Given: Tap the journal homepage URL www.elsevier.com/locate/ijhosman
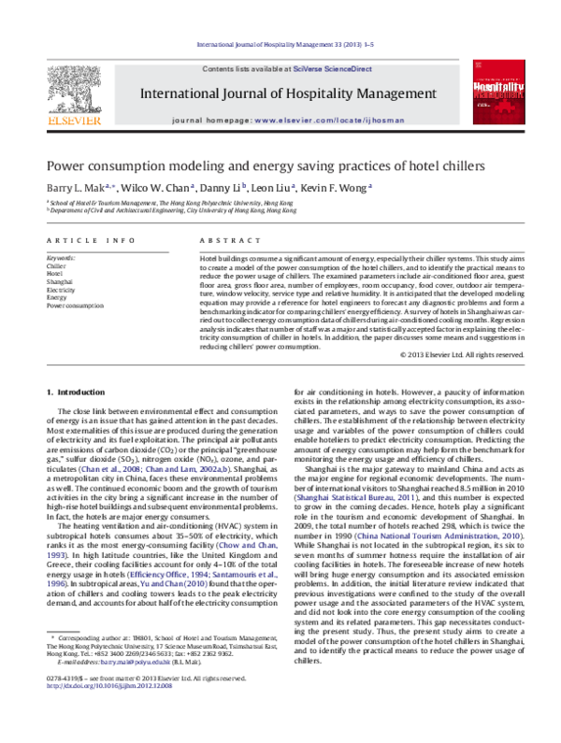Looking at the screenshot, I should [x=314, y=122].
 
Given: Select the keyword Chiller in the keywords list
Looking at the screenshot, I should [x=56, y=265].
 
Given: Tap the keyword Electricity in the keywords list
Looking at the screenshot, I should [x=61, y=290].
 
